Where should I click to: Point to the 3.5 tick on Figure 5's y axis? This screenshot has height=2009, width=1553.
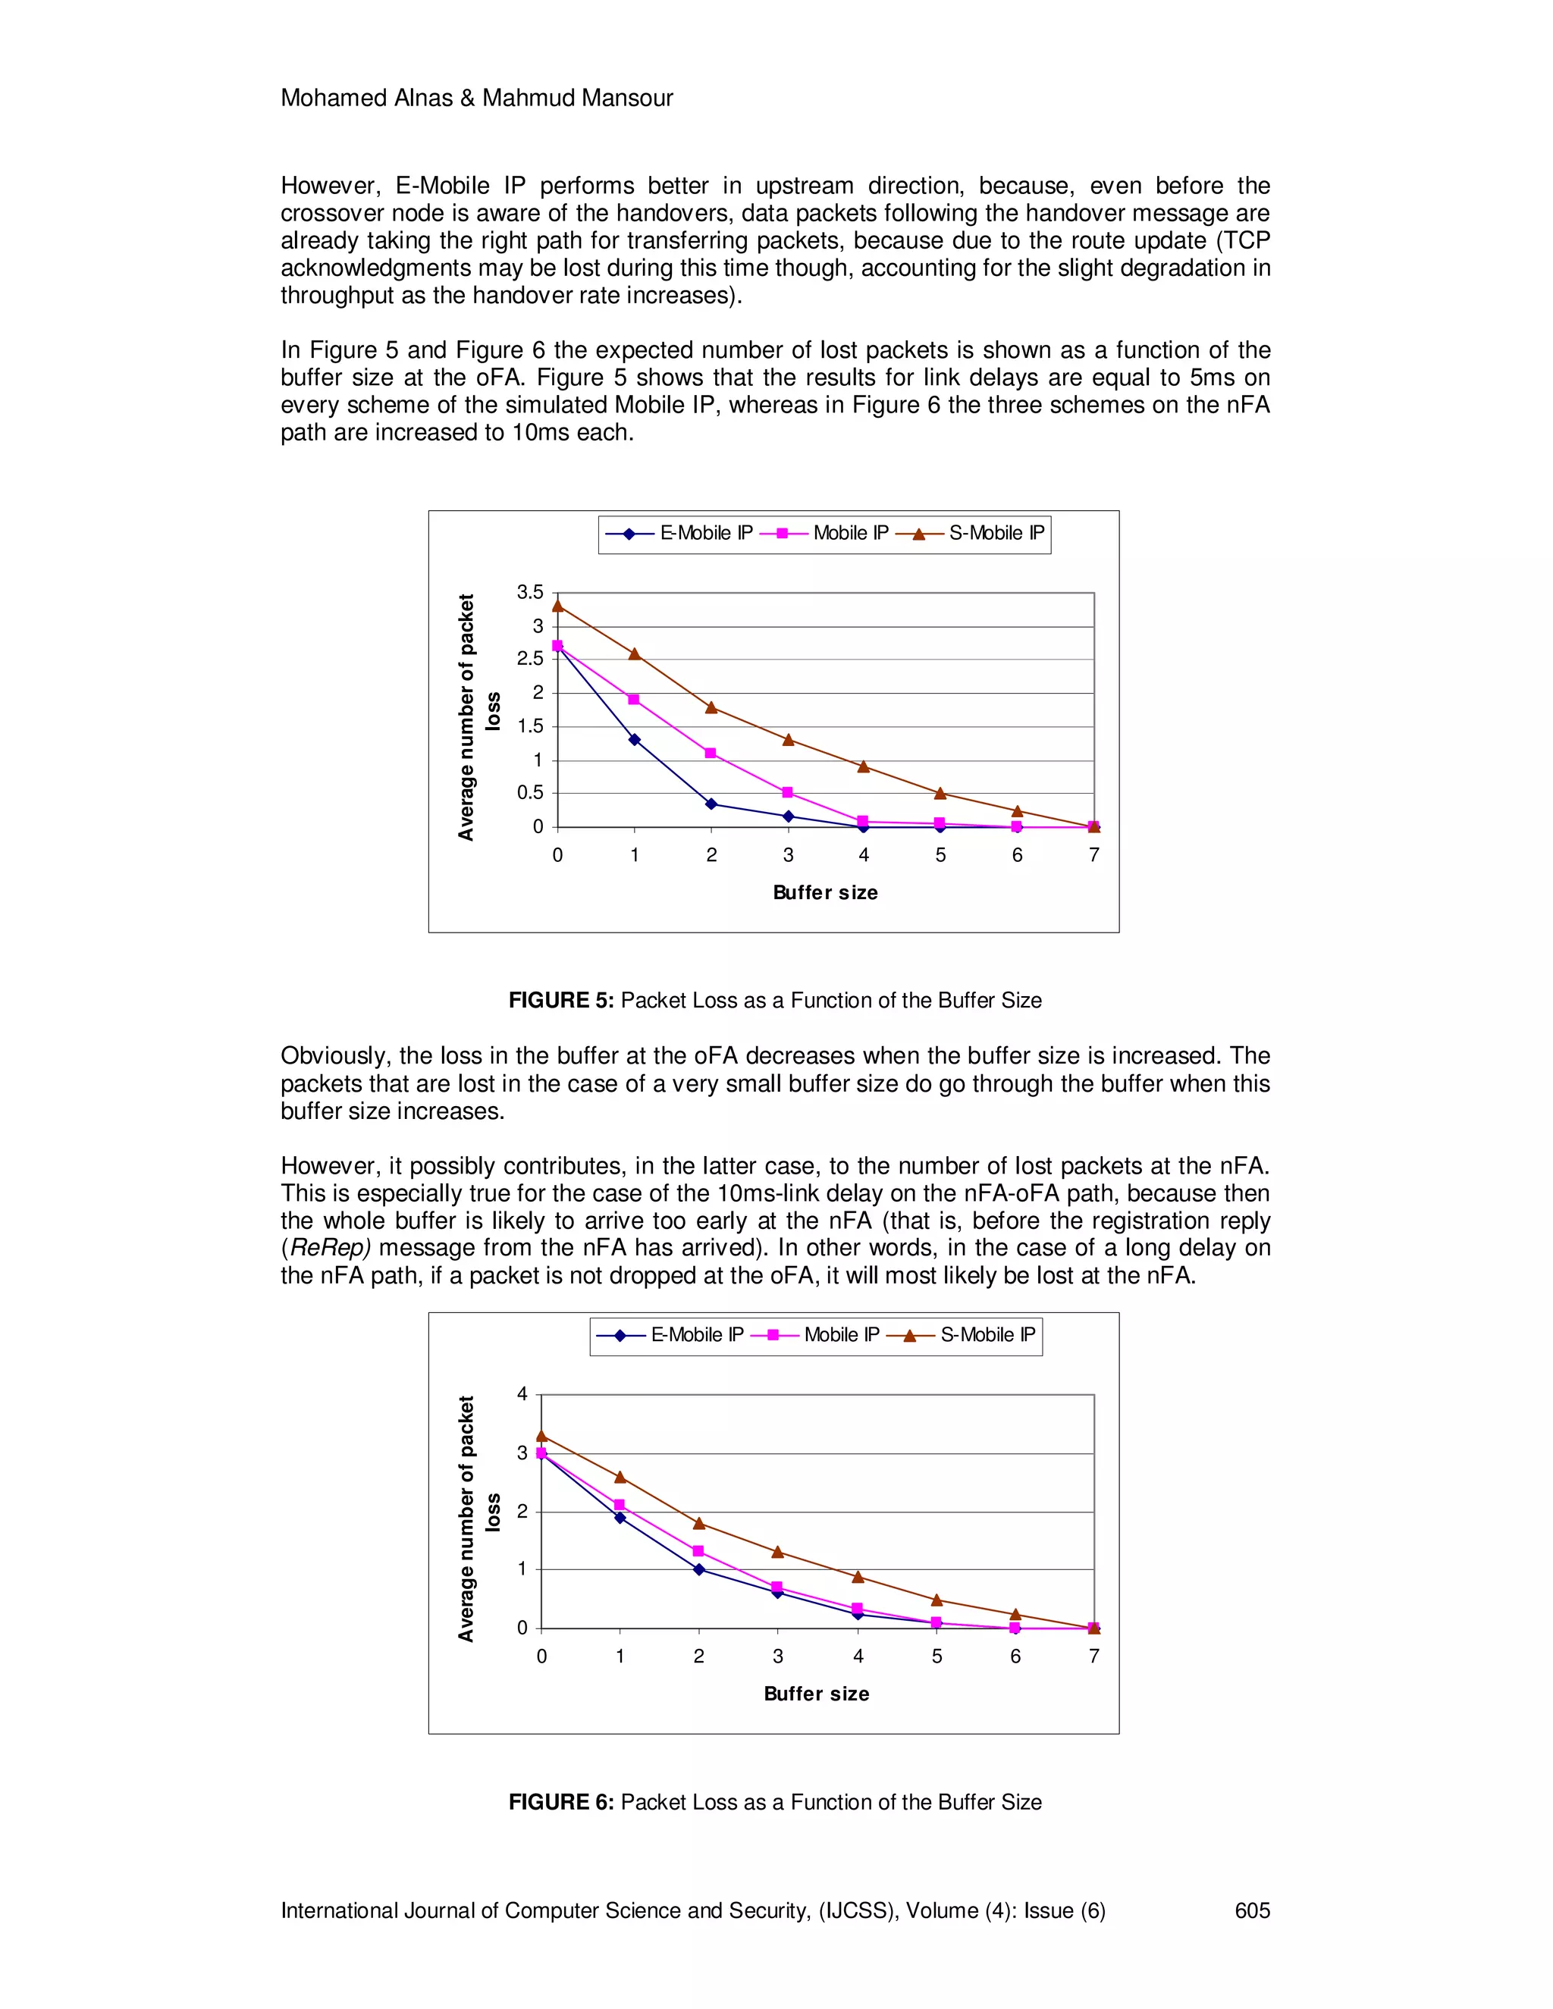pos(530,592)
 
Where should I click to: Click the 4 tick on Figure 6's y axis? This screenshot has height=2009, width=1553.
pos(522,1394)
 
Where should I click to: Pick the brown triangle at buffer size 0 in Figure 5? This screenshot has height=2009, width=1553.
pos(557,605)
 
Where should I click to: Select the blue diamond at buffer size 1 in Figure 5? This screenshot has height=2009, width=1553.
pos(635,740)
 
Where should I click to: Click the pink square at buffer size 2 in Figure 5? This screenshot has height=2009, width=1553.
pos(711,754)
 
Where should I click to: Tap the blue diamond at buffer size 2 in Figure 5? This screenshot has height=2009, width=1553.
pos(711,804)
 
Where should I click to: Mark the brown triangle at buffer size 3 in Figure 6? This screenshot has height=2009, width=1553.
pos(777,1552)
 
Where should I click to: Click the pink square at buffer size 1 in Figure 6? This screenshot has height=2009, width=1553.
pos(620,1505)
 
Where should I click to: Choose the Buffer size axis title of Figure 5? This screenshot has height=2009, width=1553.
pos(825,892)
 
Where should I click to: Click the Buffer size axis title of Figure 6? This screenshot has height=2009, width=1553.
pos(816,1694)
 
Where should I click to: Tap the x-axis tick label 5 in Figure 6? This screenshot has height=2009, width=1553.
pos(937,1656)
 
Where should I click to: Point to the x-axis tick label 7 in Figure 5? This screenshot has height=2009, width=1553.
pos(1094,855)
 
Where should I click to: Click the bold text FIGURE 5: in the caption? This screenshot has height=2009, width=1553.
pos(561,1001)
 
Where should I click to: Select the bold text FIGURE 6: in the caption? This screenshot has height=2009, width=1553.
pos(561,1802)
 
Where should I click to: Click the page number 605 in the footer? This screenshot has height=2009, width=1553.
pos(1252,1910)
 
